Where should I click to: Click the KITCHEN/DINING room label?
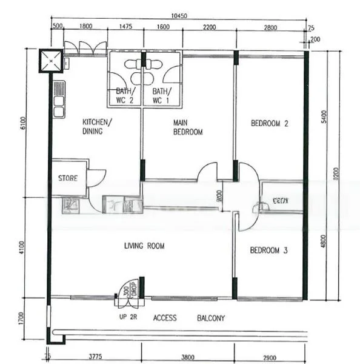click(x=97, y=126)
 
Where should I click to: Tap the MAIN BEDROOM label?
click(x=187, y=127)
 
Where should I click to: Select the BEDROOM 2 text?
click(x=269, y=124)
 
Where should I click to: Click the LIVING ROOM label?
click(x=144, y=246)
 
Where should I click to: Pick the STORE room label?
click(x=67, y=178)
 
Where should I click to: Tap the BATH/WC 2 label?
click(x=125, y=95)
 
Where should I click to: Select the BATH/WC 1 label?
click(x=161, y=95)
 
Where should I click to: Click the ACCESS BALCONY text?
click(x=188, y=318)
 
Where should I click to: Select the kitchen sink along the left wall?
click(x=59, y=99)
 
